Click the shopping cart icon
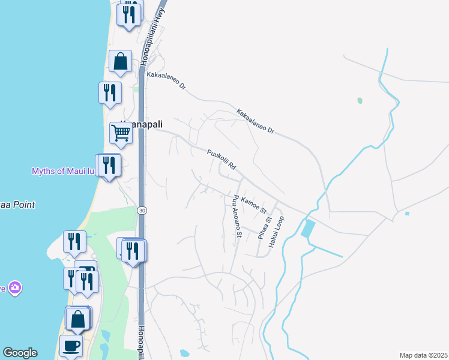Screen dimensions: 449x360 [x=121, y=134]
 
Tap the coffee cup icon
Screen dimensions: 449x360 [x=71, y=346]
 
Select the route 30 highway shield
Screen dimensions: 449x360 [x=142, y=210]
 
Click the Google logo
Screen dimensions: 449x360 [x=20, y=353]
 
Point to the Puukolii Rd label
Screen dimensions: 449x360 [x=221, y=158]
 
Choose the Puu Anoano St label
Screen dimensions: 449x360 [x=233, y=215]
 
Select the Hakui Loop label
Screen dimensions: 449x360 [x=276, y=232]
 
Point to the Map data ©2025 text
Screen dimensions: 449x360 [x=423, y=355]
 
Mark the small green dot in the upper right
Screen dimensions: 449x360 [x=360, y=100]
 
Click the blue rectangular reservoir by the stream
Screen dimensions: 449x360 [x=309, y=229]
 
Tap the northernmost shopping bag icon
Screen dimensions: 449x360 [x=120, y=61]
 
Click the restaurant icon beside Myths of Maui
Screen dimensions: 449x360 [x=109, y=164]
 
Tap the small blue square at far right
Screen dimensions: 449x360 [x=407, y=213]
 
